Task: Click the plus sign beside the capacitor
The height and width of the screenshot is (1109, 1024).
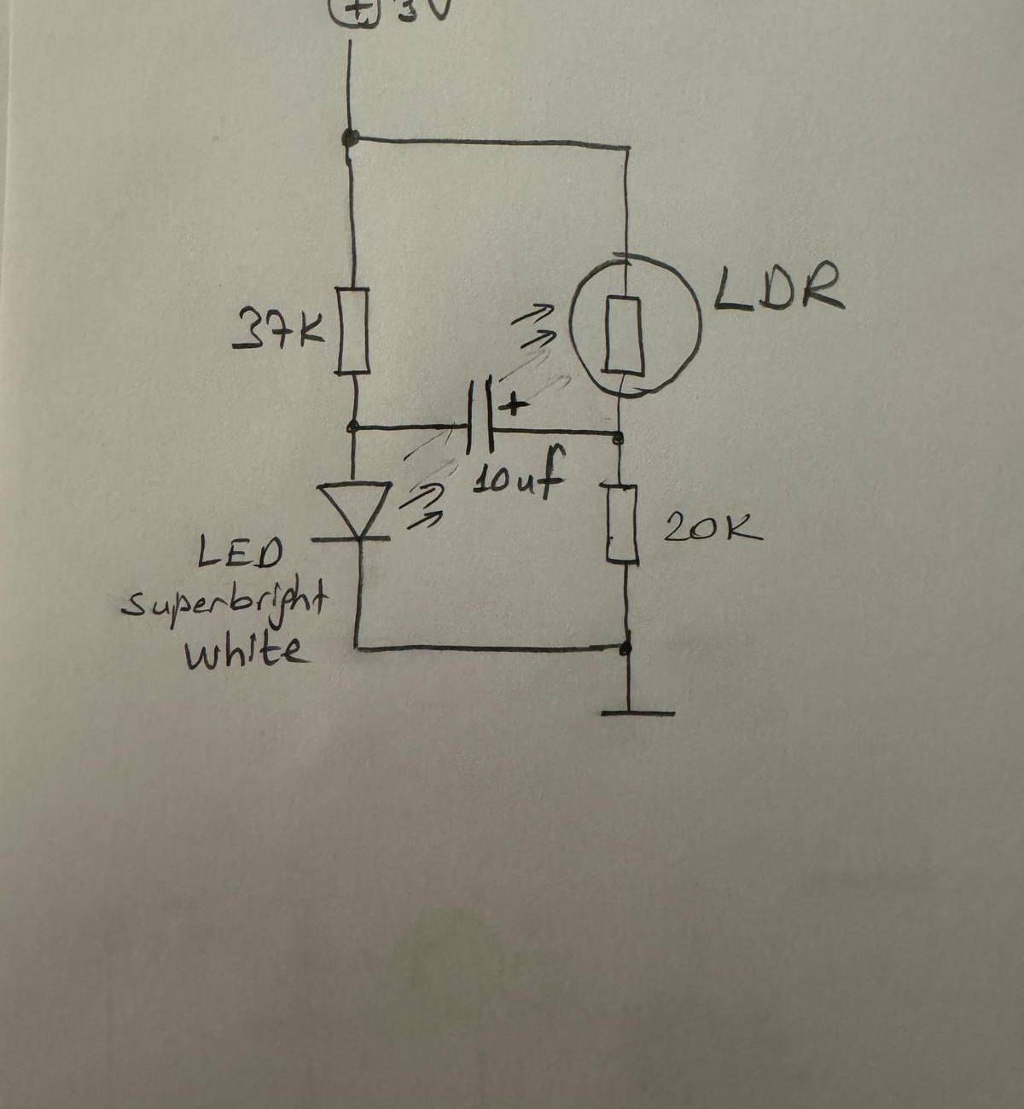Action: click(514, 404)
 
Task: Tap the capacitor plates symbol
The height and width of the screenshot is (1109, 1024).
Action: click(480, 415)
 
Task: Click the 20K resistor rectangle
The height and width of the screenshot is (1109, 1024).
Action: click(624, 523)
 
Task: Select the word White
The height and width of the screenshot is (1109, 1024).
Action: click(243, 653)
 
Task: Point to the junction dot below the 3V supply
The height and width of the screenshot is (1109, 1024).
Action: click(348, 136)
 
